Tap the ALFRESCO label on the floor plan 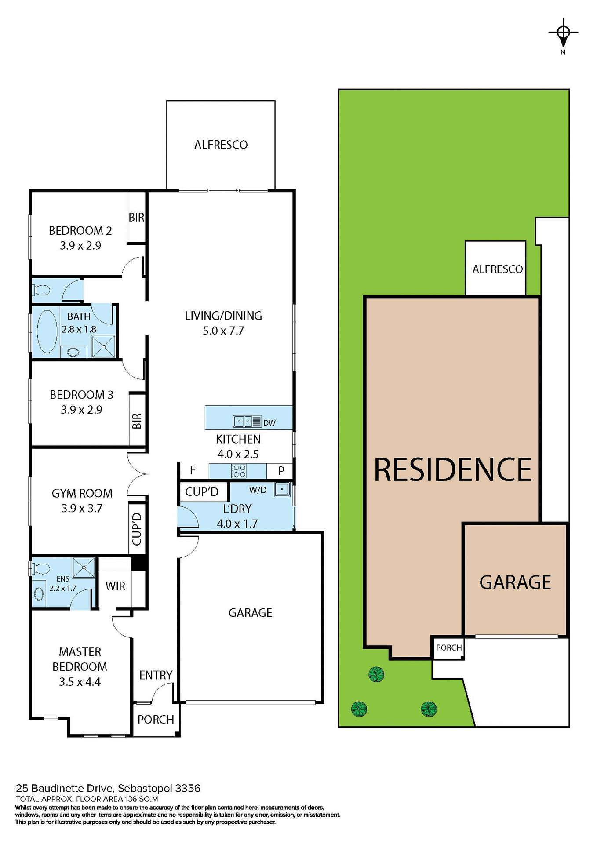click(x=221, y=145)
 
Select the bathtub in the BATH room click(x=47, y=331)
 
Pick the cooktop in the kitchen click(x=239, y=471)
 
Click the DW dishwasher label click(x=269, y=423)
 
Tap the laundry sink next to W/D click(x=282, y=489)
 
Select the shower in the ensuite click(x=84, y=567)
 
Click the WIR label click(x=115, y=586)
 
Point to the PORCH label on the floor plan click(x=156, y=720)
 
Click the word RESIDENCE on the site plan click(x=452, y=469)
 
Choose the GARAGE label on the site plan click(x=515, y=582)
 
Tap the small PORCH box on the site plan click(x=448, y=648)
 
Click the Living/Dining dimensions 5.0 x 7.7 click(x=223, y=331)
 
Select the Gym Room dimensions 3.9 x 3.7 click(x=82, y=508)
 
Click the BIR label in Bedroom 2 click(x=136, y=217)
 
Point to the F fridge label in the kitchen click(x=193, y=470)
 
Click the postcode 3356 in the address click(x=188, y=788)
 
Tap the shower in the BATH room click(x=104, y=346)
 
